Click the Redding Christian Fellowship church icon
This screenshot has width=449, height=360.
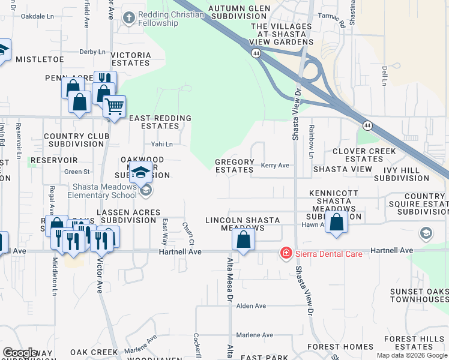click(128, 18)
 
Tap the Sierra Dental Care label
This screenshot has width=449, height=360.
click(328, 254)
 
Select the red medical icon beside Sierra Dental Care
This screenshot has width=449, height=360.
click(286, 254)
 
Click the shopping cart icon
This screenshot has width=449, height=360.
click(113, 107)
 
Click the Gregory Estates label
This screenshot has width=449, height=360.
click(235, 166)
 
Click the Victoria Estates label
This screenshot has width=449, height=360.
click(131, 59)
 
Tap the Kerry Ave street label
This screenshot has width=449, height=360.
click(275, 166)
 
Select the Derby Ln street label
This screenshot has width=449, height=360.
click(92, 52)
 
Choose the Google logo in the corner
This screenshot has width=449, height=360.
click(20, 353)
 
